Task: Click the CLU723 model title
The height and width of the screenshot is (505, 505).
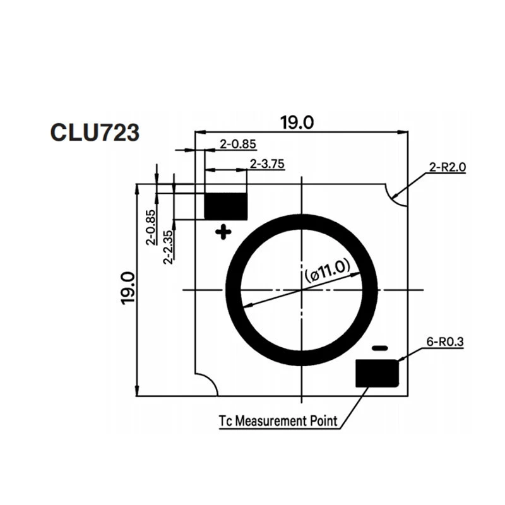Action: coord(95,132)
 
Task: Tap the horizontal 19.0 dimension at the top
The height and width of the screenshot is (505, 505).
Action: coord(297,122)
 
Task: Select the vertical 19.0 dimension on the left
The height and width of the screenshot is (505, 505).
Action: coord(128,288)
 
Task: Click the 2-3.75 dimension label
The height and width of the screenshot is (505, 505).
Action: coord(267,164)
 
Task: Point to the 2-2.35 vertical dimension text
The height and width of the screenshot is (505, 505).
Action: coord(168,247)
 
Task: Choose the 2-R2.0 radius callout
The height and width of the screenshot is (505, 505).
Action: coord(448,167)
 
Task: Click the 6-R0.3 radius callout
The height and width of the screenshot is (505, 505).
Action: coord(445,342)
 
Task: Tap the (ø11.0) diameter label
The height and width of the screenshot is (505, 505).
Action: coord(327,271)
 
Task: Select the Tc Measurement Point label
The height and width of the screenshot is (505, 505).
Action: coord(278,420)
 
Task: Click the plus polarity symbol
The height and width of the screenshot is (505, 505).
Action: coord(223,232)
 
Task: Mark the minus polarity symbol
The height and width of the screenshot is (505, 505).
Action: coord(380,348)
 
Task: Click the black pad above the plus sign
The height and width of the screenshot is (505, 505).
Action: coord(226,206)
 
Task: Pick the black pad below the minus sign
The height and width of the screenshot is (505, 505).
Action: coord(377,373)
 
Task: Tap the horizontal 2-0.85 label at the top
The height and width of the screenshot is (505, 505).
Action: coord(238,144)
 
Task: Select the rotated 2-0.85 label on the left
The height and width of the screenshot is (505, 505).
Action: coord(151,227)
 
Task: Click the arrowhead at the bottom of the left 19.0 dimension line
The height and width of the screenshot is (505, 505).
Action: coord(137,390)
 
